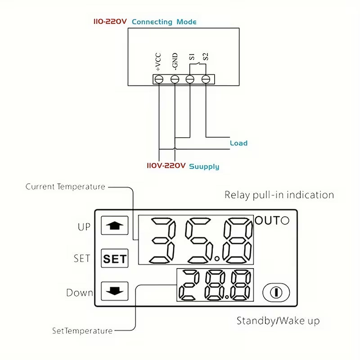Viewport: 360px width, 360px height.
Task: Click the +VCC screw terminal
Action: pyautogui.click(x=158, y=79)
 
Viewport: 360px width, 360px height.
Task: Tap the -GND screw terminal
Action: pyautogui.click(x=175, y=79)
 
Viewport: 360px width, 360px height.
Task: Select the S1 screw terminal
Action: pyautogui.click(x=190, y=79)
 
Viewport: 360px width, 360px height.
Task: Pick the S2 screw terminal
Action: pyautogui.click(x=206, y=79)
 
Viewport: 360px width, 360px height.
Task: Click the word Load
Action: pyautogui.click(x=238, y=143)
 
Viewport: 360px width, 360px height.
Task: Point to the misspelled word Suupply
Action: pyautogui.click(x=204, y=166)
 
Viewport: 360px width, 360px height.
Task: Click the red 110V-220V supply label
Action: pyautogui.click(x=166, y=166)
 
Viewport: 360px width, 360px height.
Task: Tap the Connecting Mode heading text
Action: pyautogui.click(x=164, y=22)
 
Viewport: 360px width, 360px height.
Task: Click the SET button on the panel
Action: pyautogui.click(x=115, y=259)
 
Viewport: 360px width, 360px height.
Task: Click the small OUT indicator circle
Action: pyautogui.click(x=285, y=220)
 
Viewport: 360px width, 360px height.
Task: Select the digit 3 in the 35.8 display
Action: pyautogui.click(x=162, y=240)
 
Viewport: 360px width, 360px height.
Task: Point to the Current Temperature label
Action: pyautogui.click(x=65, y=187)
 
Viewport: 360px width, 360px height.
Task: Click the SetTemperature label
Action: pyautogui.click(x=82, y=331)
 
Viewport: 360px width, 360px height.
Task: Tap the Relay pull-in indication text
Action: pyautogui.click(x=279, y=195)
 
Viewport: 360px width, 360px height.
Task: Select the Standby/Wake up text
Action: pyautogui.click(x=278, y=321)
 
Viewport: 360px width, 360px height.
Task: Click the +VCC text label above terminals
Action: pyautogui.click(x=158, y=62)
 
